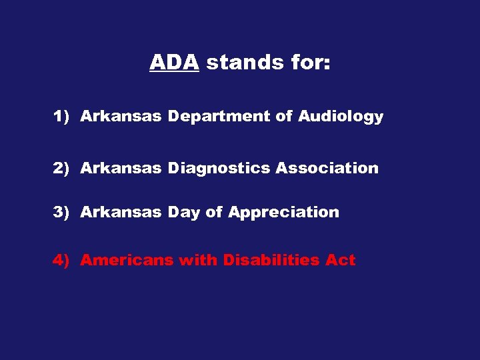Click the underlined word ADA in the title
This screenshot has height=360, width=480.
pos(174,63)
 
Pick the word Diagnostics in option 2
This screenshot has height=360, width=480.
pos(219,169)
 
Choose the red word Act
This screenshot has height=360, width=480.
pos(340,260)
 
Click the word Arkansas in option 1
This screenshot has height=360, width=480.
pos(121,117)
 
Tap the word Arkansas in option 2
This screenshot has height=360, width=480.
pos(121,168)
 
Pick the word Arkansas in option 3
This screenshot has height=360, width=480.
pos(121,213)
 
